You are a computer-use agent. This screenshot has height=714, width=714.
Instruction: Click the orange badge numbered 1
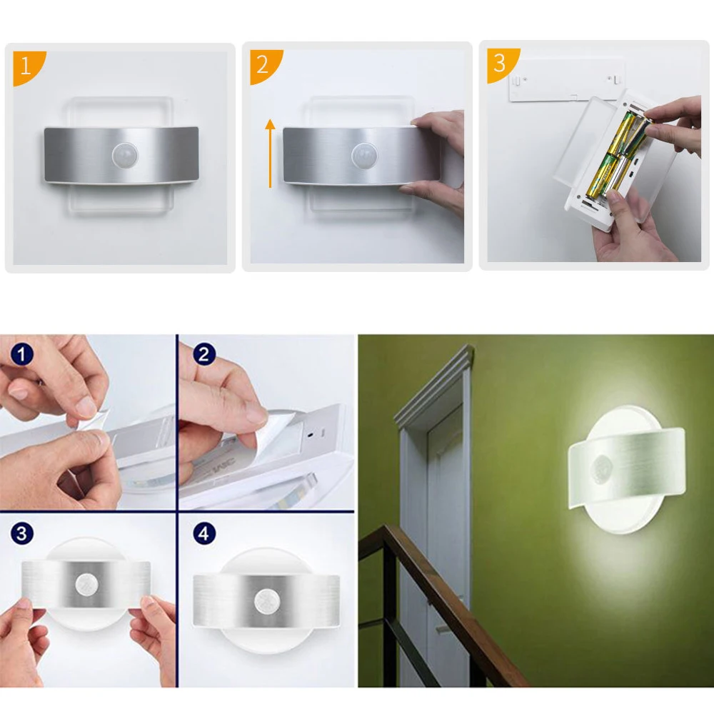click(27, 66)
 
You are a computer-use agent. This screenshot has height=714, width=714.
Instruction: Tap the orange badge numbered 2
click(264, 65)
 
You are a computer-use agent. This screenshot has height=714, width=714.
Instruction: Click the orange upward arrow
click(271, 153)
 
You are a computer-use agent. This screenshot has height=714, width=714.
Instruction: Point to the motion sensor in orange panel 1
click(125, 155)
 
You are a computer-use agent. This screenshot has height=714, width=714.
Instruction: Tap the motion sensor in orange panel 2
click(364, 155)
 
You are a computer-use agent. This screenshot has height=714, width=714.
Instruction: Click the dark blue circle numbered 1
click(22, 354)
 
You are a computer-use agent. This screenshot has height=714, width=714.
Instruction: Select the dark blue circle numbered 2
click(204, 354)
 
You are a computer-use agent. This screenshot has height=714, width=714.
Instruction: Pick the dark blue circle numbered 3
click(22, 533)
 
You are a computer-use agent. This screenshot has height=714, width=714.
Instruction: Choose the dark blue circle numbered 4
click(204, 533)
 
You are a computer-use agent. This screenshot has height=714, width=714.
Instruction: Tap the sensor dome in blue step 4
click(266, 600)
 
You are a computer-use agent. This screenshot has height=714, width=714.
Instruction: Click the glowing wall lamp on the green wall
click(627, 470)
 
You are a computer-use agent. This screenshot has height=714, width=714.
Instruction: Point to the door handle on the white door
click(441, 630)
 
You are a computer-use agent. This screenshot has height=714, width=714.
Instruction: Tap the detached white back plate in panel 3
click(566, 80)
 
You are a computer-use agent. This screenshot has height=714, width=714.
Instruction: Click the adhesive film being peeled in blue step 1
click(92, 422)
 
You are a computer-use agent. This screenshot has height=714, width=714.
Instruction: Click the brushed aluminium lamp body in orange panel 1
click(121, 155)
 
